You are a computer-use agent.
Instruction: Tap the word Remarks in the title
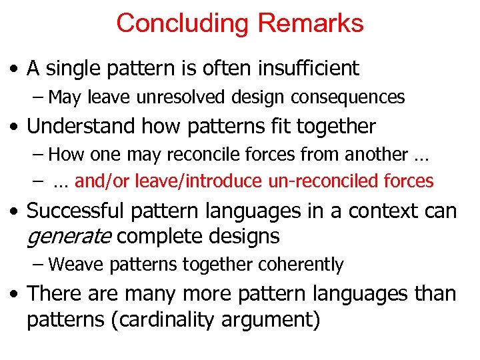[x=311, y=23]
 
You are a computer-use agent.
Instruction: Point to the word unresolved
[x=183, y=97]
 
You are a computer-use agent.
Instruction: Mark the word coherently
[x=303, y=265]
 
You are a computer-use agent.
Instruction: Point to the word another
[x=375, y=155]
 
